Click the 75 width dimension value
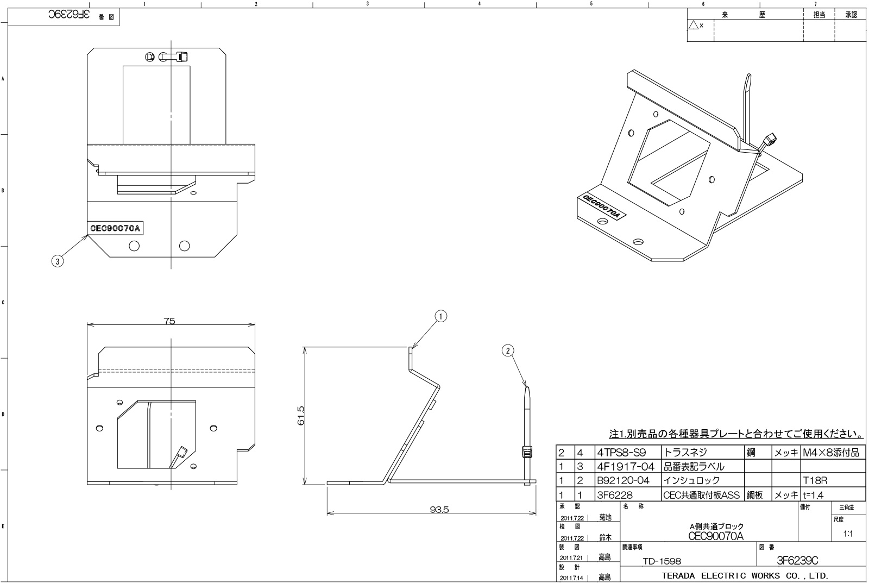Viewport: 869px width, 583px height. click(169, 321)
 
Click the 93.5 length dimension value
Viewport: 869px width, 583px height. click(439, 510)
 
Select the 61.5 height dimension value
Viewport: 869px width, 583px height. click(301, 416)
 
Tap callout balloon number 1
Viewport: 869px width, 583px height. click(441, 316)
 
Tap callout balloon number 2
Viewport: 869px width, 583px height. click(508, 350)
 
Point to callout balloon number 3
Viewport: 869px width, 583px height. click(57, 261)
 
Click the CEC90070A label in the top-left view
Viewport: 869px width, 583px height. click(115, 228)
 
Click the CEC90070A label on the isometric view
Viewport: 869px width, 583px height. click(601, 207)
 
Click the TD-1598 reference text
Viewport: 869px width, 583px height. click(662, 561)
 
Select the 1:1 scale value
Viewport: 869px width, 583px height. click(847, 534)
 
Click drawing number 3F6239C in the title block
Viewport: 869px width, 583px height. click(797, 561)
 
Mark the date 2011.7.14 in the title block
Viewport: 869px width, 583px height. click(572, 577)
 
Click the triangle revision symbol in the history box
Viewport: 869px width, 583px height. click(693, 25)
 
